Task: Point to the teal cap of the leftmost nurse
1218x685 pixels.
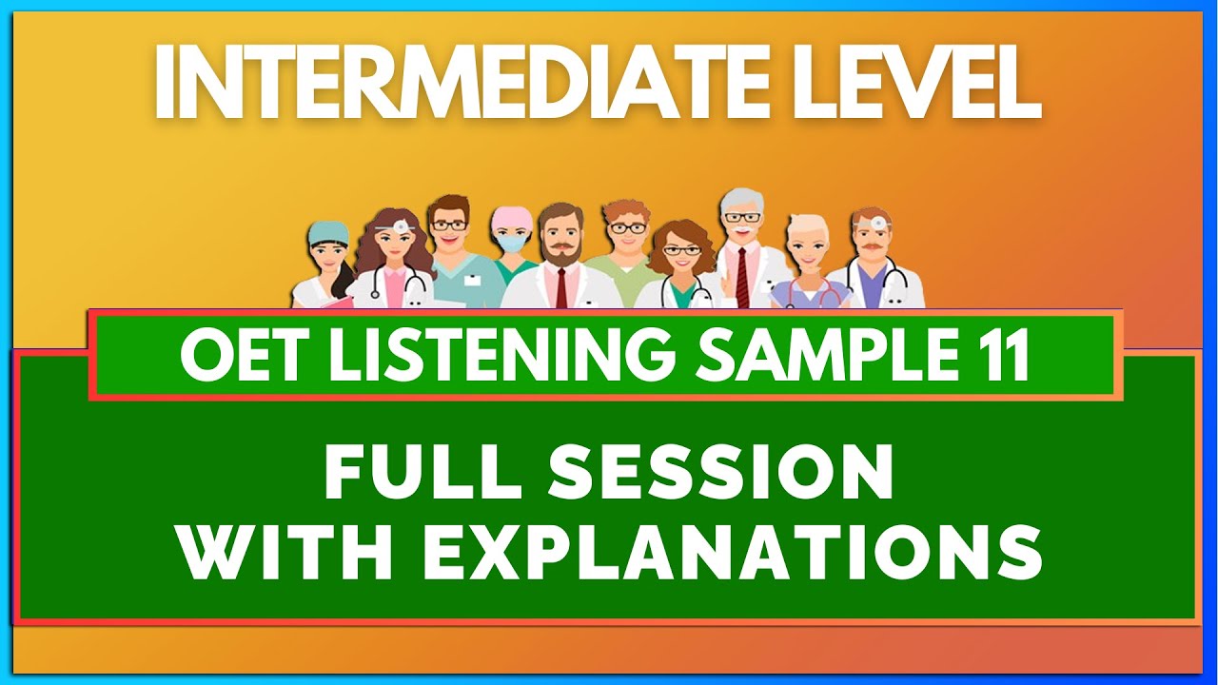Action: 329,231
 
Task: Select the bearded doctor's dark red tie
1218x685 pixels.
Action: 561,285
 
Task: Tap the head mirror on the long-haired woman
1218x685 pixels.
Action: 403,225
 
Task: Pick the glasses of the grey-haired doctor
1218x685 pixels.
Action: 741,218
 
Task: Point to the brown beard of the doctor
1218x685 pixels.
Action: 560,253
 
